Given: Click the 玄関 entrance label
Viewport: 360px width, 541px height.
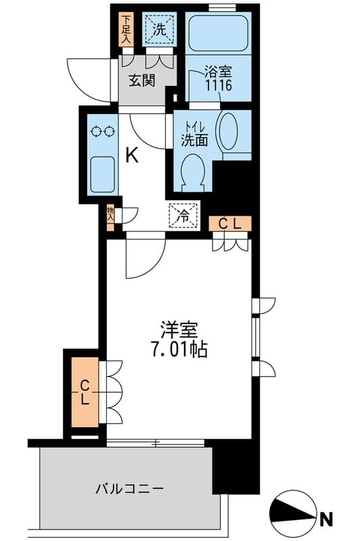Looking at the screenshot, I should click(x=143, y=81).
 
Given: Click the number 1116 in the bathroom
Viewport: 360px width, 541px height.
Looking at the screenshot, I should click(x=219, y=85).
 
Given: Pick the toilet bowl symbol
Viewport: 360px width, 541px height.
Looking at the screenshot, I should click(x=194, y=170).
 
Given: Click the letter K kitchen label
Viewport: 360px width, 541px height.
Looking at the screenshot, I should click(x=132, y=156).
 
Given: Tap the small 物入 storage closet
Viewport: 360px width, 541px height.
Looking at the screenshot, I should click(x=110, y=215).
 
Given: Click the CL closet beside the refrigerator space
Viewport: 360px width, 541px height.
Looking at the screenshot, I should click(x=230, y=222).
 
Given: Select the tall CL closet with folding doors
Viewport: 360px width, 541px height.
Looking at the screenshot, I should click(x=85, y=392).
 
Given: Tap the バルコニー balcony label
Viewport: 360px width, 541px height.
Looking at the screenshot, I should click(x=129, y=488).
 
